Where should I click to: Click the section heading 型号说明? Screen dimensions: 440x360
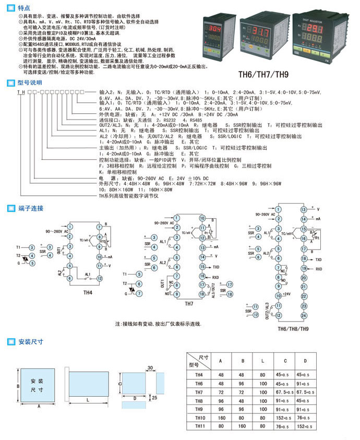30,82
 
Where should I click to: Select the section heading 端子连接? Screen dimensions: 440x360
30,208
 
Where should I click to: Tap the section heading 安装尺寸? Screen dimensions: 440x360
30,342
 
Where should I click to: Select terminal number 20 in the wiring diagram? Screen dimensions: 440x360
303,278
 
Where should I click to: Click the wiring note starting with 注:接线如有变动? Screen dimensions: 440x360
159,324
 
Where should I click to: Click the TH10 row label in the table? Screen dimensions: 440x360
200,418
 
